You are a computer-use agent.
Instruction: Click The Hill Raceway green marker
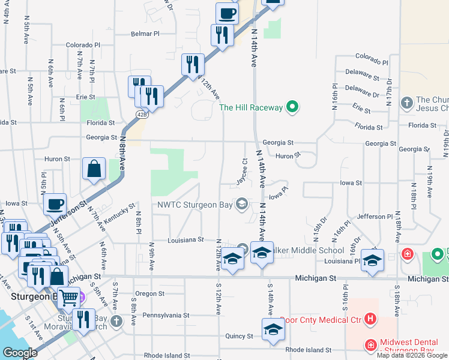(x=292, y=107)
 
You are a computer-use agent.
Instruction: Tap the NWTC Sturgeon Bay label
(x=195, y=204)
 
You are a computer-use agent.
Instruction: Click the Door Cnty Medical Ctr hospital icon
(x=370, y=319)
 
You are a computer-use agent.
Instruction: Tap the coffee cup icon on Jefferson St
(x=55, y=203)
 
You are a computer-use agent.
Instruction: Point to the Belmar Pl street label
(x=145, y=34)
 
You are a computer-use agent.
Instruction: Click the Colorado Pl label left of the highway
(x=83, y=45)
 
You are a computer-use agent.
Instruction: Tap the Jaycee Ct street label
(x=241, y=172)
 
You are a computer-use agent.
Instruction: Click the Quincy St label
(x=240, y=336)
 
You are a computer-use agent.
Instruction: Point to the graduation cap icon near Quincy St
(x=273, y=329)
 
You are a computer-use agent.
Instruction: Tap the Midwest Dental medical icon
(x=371, y=346)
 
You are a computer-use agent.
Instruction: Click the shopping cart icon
(x=68, y=296)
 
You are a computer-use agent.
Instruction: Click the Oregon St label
(x=149, y=293)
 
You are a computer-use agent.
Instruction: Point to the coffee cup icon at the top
(x=228, y=13)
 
